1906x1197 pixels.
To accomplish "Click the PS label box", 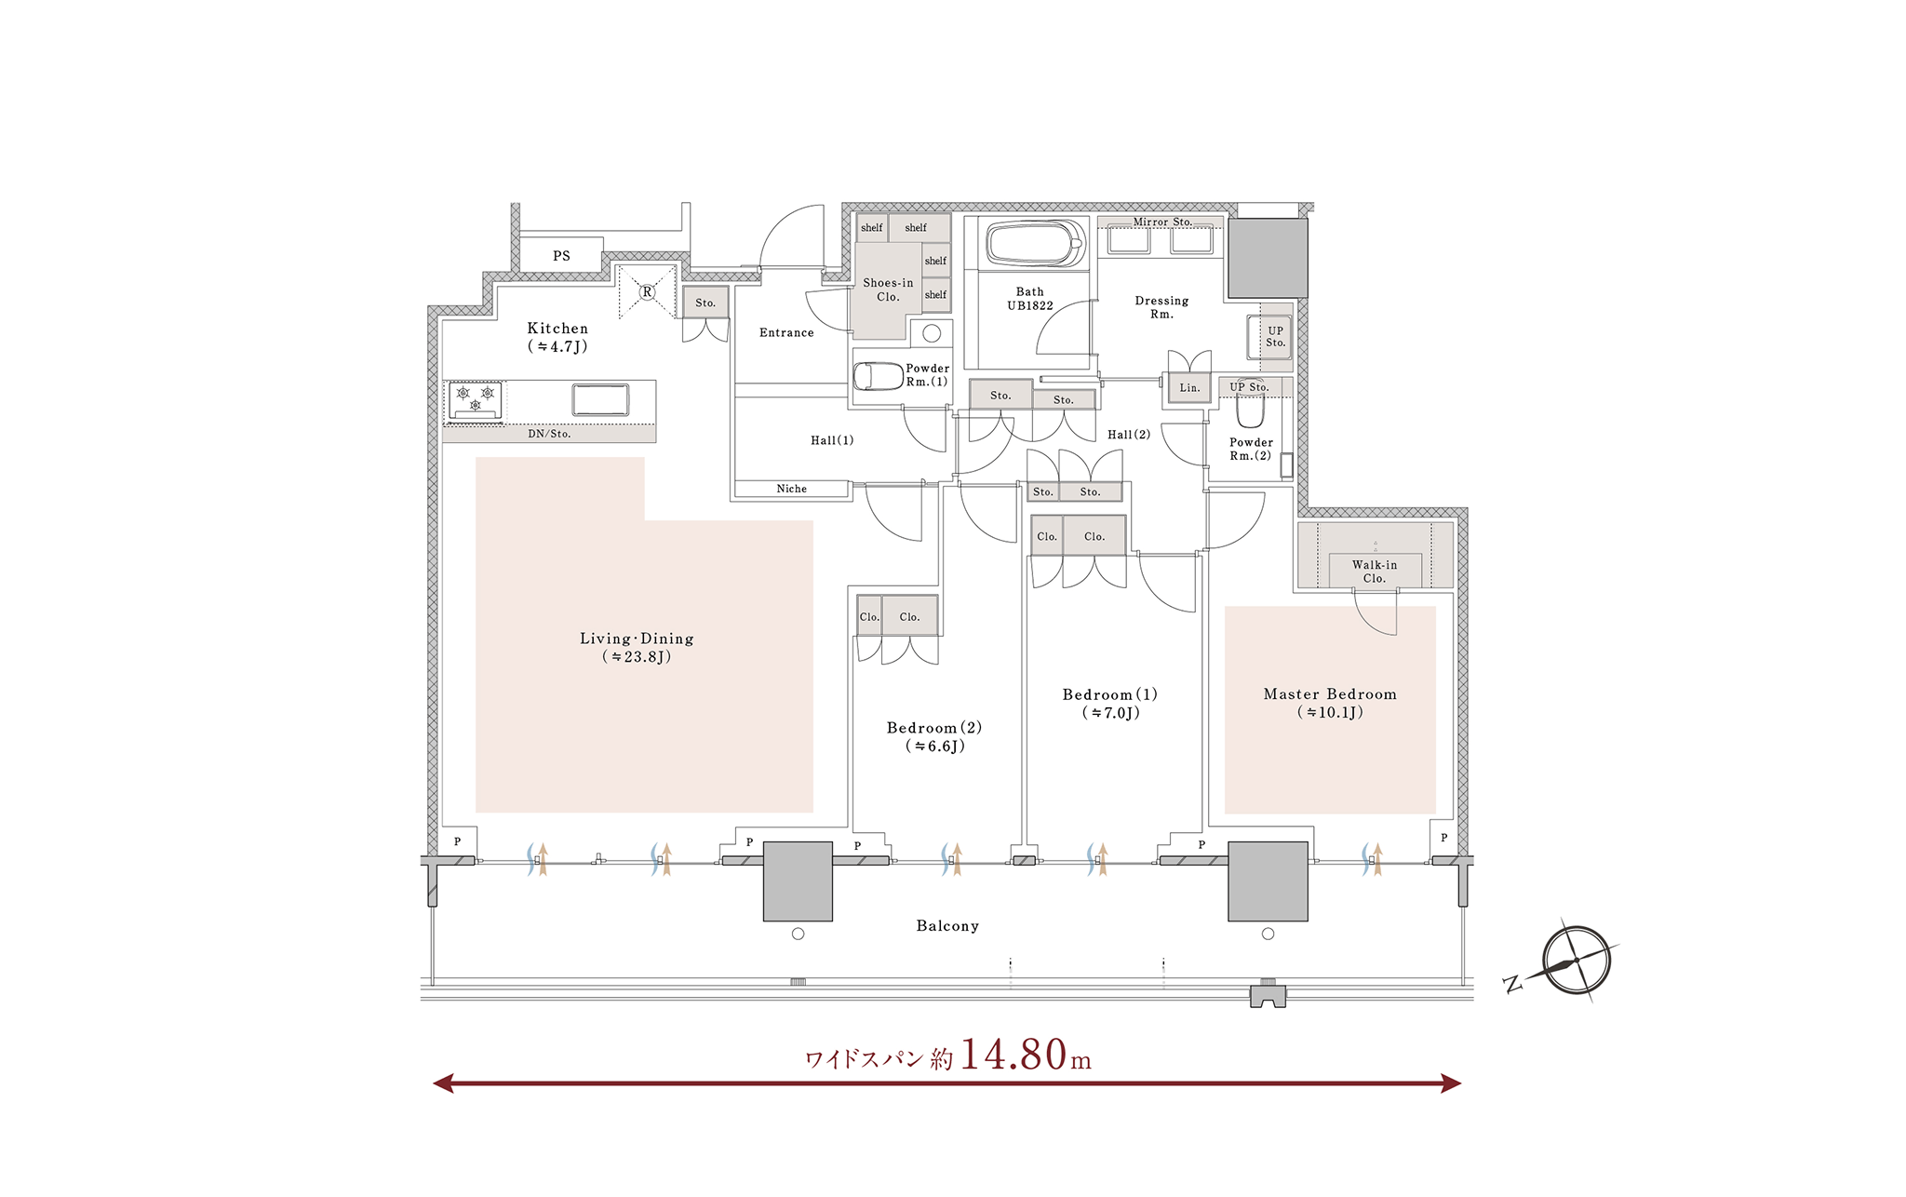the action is coord(561,255).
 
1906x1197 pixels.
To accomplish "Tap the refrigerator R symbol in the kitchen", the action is coord(647,292).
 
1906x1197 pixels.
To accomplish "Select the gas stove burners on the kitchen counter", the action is coord(476,399).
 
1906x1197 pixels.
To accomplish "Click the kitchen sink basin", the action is coord(600,399).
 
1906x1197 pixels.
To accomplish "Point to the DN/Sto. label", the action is coord(549,434).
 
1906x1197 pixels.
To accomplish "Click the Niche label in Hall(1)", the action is coord(792,489).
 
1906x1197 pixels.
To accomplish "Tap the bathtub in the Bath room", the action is coord(1035,245).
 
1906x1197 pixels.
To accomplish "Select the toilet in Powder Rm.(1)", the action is coord(878,376).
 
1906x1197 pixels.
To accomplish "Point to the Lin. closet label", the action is coord(1189,388).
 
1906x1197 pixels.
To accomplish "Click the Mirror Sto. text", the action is coord(1162,222).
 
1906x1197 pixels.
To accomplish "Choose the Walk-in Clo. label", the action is coord(1375,572).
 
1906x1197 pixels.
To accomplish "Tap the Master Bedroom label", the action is coord(1330,694).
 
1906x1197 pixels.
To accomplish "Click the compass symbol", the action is coord(1576,962).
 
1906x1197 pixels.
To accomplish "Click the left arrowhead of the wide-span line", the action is coord(443,1083).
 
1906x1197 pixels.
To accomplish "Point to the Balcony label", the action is coord(947,926).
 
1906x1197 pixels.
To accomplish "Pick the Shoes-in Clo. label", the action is coord(888,289).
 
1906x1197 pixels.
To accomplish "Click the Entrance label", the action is coord(786,332).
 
